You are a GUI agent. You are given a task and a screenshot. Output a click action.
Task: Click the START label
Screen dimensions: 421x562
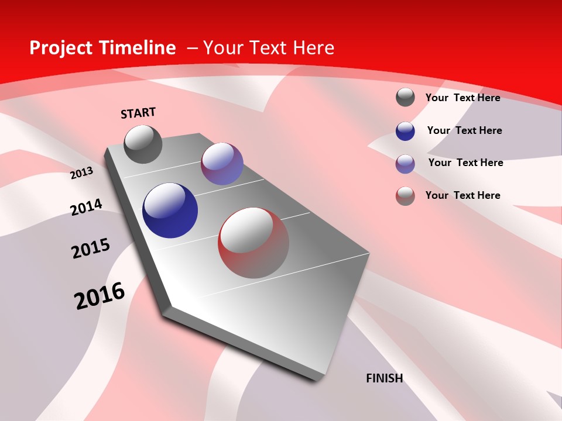[138, 113]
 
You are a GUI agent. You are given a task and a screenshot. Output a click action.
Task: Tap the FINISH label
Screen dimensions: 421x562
[384, 378]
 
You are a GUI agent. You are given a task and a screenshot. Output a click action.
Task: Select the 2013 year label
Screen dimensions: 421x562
[81, 173]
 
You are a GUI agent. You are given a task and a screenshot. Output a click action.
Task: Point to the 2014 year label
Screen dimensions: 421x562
[86, 207]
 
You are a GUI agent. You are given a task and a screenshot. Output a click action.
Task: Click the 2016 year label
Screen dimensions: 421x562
[100, 296]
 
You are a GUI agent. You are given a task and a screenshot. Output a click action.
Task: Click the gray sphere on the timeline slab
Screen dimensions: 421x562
[143, 144]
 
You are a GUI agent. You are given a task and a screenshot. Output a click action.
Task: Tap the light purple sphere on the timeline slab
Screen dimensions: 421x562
[222, 164]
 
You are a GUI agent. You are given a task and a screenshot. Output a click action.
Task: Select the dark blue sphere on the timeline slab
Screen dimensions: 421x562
[170, 210]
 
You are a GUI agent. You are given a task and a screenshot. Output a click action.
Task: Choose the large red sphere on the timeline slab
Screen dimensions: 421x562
[253, 243]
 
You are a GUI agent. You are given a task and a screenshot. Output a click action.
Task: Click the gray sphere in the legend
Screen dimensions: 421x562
[405, 97]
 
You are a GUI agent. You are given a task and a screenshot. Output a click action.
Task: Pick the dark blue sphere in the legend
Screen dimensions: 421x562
[405, 131]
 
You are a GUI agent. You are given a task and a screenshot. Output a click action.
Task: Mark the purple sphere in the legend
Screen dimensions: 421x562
[405, 164]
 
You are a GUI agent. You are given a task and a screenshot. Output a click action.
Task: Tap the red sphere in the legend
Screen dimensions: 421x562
[405, 196]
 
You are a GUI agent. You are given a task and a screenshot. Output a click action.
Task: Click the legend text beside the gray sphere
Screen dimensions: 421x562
[462, 98]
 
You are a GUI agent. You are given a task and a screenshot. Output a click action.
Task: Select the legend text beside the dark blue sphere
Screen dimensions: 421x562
[464, 130]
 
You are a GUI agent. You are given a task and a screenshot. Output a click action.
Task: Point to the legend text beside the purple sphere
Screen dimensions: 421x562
[465, 163]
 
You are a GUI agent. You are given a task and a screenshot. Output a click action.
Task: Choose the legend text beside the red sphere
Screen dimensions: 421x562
[462, 195]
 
